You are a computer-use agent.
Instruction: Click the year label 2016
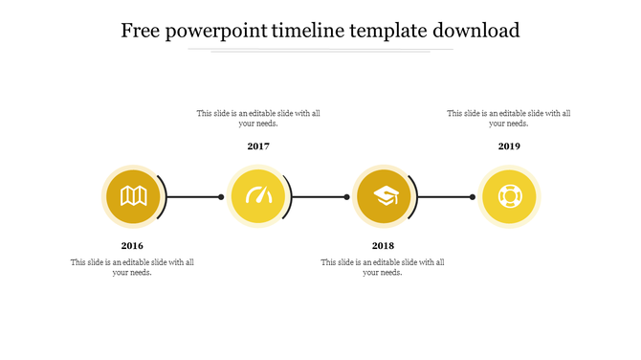click(132, 246)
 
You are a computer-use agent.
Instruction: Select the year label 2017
click(258, 146)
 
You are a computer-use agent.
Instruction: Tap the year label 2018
click(383, 246)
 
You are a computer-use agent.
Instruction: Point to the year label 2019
click(509, 146)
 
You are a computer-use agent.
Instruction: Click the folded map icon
click(133, 196)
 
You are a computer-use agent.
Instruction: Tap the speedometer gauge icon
click(258, 196)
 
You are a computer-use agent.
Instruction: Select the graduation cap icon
click(384, 196)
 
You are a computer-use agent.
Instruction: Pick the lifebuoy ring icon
click(509, 196)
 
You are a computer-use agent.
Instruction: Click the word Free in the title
click(141, 31)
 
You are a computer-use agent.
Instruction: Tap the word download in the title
click(475, 31)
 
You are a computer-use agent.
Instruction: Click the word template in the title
click(393, 31)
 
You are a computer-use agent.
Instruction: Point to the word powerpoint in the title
click(216, 32)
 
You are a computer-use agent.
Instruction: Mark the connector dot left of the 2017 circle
click(221, 197)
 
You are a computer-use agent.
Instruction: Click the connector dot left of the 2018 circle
click(347, 197)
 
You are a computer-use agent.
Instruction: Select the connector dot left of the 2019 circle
click(473, 197)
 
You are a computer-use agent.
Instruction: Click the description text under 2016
click(132, 267)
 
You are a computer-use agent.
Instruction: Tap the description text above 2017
click(258, 118)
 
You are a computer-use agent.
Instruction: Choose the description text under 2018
click(383, 267)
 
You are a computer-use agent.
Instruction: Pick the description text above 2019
click(509, 118)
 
